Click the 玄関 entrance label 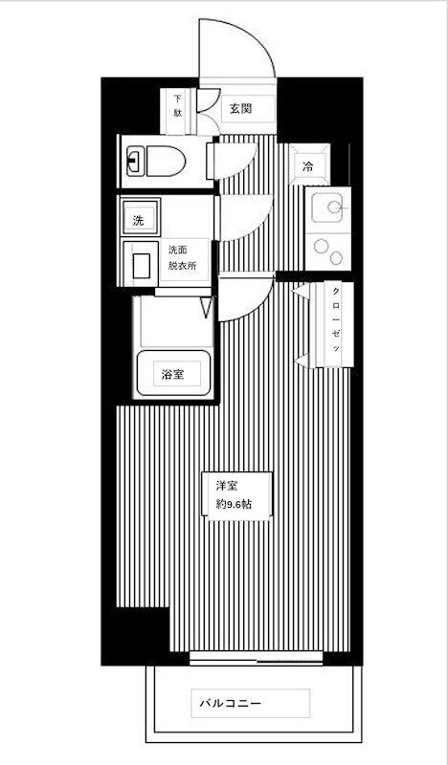pyautogui.click(x=240, y=108)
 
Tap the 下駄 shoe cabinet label pyautogui.click(x=178, y=105)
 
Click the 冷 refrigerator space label pyautogui.click(x=308, y=166)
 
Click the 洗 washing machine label pyautogui.click(x=139, y=220)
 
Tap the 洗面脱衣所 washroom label pyautogui.click(x=182, y=258)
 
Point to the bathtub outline pyautogui.click(x=172, y=373)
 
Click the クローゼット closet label pyautogui.click(x=337, y=323)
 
